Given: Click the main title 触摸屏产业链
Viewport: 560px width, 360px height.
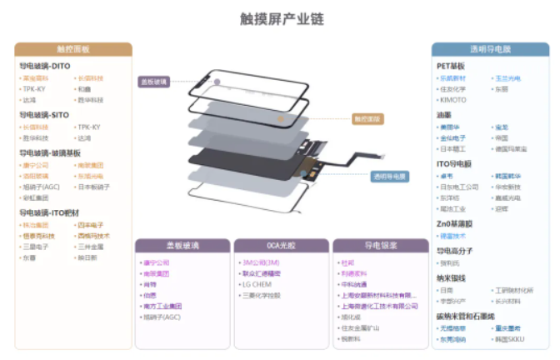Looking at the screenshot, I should coord(280,17).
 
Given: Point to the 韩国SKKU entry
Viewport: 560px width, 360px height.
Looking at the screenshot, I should coord(509,340).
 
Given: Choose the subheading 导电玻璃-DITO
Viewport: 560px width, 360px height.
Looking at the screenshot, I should coord(45,65).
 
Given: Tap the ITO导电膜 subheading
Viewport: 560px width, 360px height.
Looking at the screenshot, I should coord(454,163).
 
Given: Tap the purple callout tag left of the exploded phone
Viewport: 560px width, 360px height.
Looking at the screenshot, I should coord(154,82).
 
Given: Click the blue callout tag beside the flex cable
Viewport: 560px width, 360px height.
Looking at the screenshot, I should coord(390,177).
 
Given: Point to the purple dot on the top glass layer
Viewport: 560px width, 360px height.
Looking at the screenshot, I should coord(216,82).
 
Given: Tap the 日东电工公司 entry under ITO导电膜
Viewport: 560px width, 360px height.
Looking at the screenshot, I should coord(459,187).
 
